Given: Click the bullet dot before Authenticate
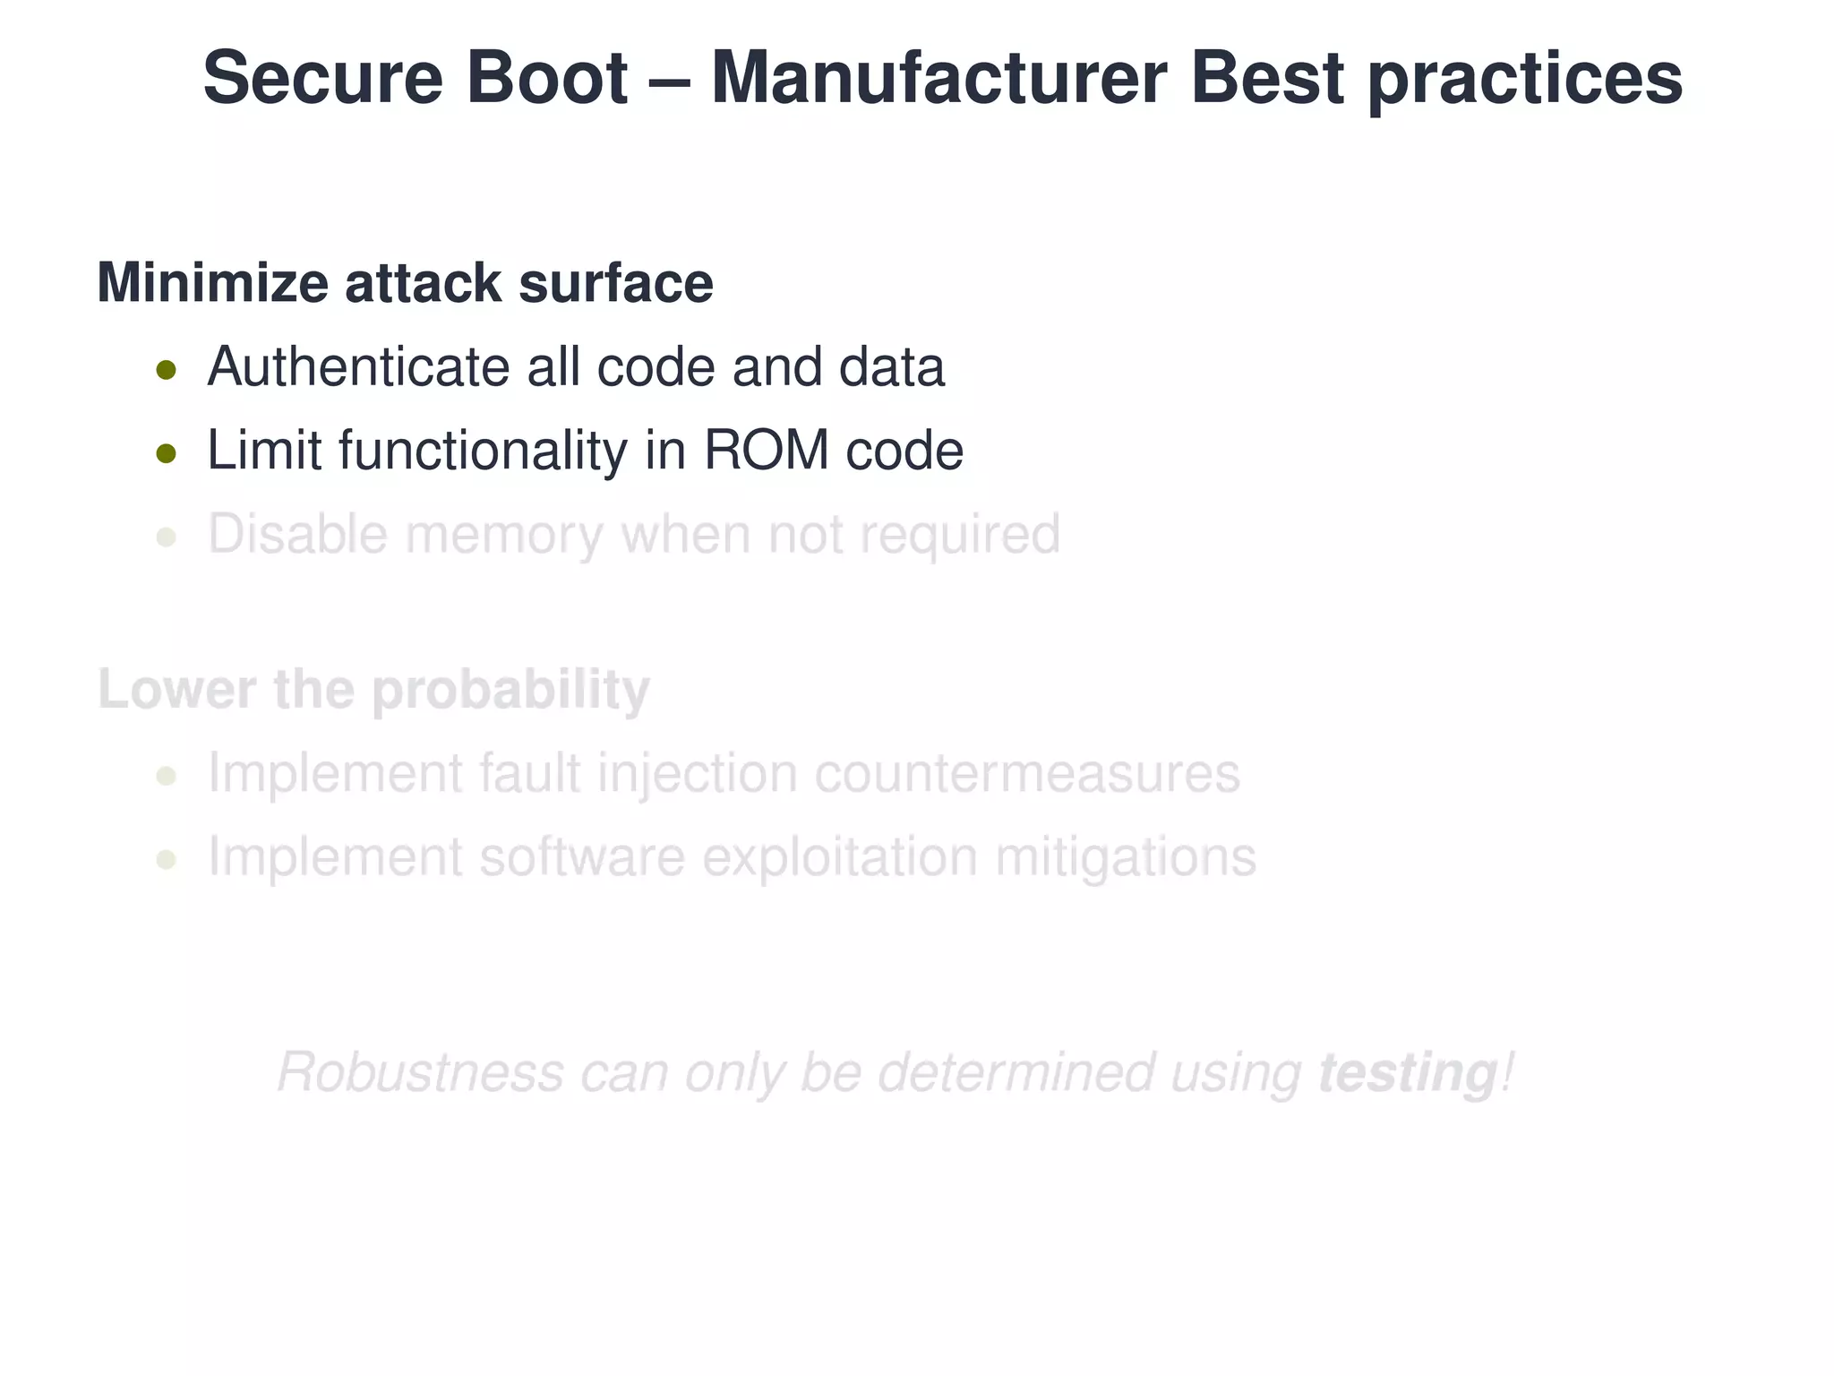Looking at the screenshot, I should point(166,369).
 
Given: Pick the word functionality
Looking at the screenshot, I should point(483,451).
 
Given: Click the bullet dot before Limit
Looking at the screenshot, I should point(166,453).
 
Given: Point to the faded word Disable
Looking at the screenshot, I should point(297,534).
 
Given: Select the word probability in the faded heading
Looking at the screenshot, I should point(510,692).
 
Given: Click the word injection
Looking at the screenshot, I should point(697,775).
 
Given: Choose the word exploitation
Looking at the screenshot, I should point(839,858).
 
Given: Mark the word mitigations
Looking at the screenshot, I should point(1126,858).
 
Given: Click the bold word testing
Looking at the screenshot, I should point(1407,1073).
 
